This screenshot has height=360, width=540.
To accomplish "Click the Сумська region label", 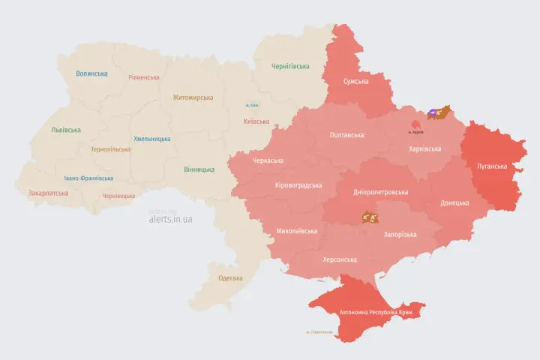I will click(355, 81).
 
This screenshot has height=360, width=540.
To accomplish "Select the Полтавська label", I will click(346, 136).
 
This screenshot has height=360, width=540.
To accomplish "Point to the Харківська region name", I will click(424, 149).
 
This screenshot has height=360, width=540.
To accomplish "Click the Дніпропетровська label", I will click(380, 192).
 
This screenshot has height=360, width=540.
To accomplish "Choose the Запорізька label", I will click(400, 235).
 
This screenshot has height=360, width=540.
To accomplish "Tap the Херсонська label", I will click(339, 259).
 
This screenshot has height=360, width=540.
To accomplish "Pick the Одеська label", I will click(230, 278).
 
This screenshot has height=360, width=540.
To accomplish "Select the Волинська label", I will click(91, 73).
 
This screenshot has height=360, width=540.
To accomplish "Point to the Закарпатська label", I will click(48, 193).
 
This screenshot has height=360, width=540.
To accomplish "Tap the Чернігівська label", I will click(290, 66).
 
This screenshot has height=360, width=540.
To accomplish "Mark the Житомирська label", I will click(193, 97).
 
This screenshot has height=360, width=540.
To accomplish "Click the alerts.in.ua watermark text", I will click(170, 219).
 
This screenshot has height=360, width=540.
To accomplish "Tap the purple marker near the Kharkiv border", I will click(433, 115).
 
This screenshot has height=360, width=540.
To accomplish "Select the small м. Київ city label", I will click(253, 106).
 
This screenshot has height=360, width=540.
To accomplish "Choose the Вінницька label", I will click(199, 169).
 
